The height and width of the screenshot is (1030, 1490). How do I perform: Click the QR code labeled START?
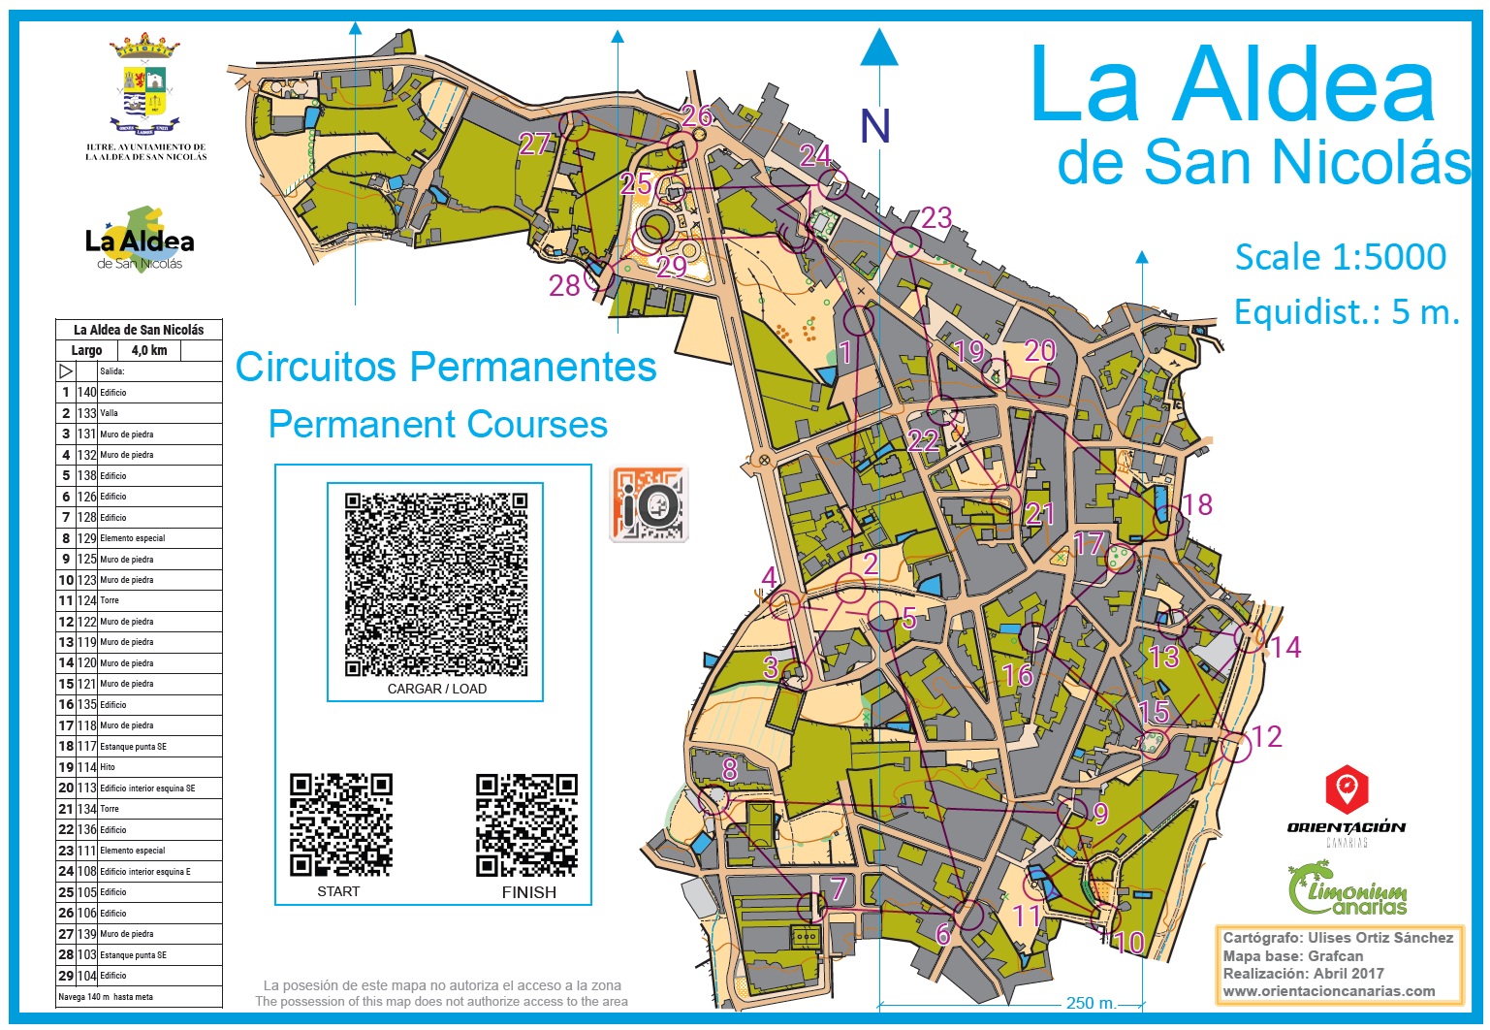(x=340, y=824)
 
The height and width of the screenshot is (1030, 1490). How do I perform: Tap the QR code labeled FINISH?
(x=526, y=824)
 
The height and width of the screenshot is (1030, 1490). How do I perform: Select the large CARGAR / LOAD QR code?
(x=436, y=585)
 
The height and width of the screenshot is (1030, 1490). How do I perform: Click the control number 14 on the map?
(x=1285, y=648)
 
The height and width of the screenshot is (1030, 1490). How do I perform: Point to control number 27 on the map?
(x=534, y=145)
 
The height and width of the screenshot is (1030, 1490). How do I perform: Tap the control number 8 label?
(x=730, y=769)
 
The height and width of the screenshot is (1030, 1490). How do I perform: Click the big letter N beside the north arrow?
(x=875, y=127)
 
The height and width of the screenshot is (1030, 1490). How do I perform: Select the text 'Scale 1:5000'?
(x=1340, y=257)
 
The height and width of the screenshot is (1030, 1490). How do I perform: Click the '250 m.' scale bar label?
(x=1092, y=1004)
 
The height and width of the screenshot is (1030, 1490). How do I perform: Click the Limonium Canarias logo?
(x=1347, y=890)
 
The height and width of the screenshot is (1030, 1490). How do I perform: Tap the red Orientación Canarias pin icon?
(x=1347, y=789)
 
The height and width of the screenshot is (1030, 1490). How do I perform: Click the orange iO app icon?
(x=649, y=503)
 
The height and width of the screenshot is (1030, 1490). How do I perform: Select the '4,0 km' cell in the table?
(x=149, y=351)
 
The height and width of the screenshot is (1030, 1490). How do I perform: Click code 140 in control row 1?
(x=87, y=393)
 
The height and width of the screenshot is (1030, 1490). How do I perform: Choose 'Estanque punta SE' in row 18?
(x=133, y=747)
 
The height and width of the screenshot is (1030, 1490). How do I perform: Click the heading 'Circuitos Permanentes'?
(x=446, y=368)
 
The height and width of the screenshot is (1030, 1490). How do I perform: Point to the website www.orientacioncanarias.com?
(x=1329, y=991)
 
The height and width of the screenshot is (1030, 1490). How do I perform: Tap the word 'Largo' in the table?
(x=86, y=351)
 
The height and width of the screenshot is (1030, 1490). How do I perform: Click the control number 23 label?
(x=936, y=218)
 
